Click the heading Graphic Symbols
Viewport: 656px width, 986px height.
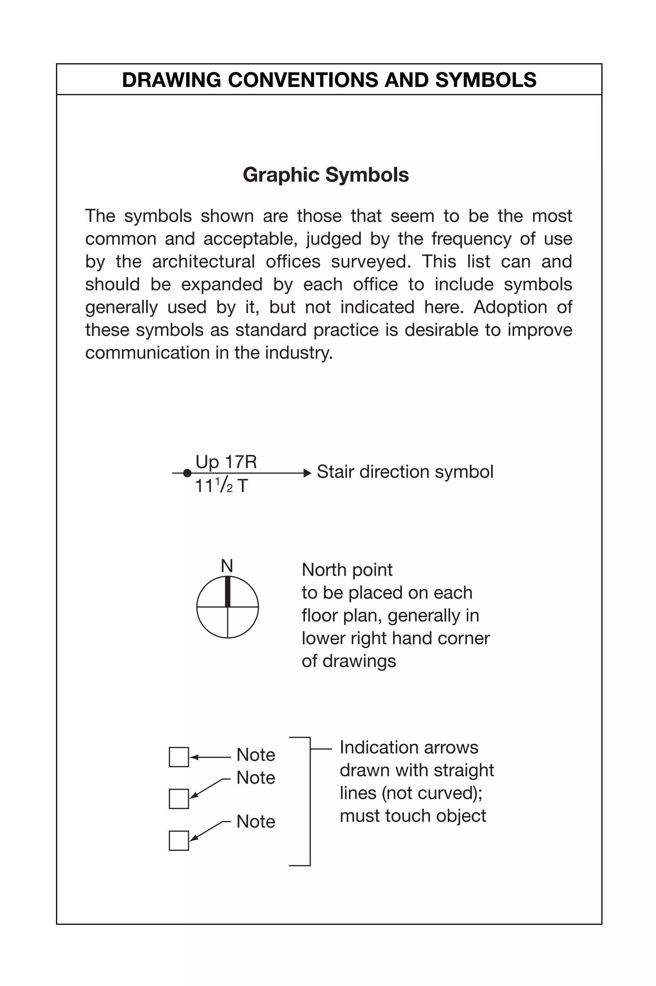point(325,174)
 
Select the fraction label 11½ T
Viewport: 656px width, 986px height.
point(221,486)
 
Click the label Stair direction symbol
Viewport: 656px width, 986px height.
point(405,472)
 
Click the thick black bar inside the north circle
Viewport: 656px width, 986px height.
point(228,592)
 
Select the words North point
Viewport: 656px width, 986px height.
point(347,570)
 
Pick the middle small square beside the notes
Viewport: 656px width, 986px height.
point(179,799)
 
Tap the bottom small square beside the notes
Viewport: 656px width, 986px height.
point(179,841)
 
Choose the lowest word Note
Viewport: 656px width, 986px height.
point(256,822)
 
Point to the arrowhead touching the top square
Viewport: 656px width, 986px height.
point(193,757)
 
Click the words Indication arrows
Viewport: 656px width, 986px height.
point(408,748)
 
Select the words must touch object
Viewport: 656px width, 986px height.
point(413,816)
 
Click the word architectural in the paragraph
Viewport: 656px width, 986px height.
point(203,262)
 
